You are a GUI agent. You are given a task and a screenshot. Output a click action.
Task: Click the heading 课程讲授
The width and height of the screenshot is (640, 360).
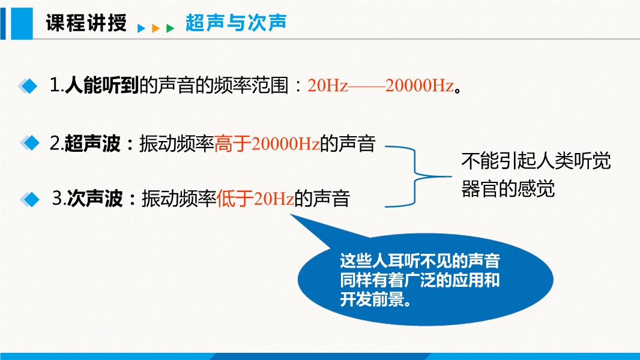pos(86,22)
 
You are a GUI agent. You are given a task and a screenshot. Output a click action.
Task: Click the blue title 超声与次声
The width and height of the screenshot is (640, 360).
pos(237,22)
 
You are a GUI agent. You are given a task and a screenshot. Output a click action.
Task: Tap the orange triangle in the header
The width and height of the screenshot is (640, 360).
pos(155,28)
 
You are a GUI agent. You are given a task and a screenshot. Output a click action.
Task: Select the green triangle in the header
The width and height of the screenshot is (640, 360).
pos(170,28)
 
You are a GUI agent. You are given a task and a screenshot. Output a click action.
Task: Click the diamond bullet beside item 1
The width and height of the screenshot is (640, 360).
pos(28,86)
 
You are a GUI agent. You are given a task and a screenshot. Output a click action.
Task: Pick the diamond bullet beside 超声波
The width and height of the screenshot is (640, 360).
pos(29,143)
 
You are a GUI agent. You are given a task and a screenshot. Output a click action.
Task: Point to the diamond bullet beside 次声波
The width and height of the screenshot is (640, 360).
pos(29,199)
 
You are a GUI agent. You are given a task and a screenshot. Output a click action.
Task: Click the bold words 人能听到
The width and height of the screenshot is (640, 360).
pos(102,86)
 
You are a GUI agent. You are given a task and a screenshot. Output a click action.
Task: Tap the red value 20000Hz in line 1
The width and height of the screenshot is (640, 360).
pos(420,86)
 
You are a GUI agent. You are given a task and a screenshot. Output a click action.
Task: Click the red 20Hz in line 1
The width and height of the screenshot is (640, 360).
pos(327,86)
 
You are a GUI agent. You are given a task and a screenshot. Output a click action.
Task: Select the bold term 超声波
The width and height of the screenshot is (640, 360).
pos(92,143)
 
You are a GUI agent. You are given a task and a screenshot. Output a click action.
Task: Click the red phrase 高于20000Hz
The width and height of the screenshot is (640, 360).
pos(267,143)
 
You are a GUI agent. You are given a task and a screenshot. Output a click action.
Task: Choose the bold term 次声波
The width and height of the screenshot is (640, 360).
pos(95,199)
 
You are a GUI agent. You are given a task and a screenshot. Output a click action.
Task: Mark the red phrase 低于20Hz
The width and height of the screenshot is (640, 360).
pos(256,199)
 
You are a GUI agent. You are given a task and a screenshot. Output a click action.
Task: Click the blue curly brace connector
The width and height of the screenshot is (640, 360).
pos(415,176)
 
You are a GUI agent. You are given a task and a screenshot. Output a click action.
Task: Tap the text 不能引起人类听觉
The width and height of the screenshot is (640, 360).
pos(536,161)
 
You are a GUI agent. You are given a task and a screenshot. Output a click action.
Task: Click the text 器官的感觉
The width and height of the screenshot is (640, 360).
pos(508,189)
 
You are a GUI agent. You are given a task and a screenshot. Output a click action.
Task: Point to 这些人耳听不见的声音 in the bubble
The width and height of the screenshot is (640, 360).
pos(420,260)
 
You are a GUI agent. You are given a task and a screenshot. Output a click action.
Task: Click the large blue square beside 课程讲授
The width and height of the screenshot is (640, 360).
pos(22,23)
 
